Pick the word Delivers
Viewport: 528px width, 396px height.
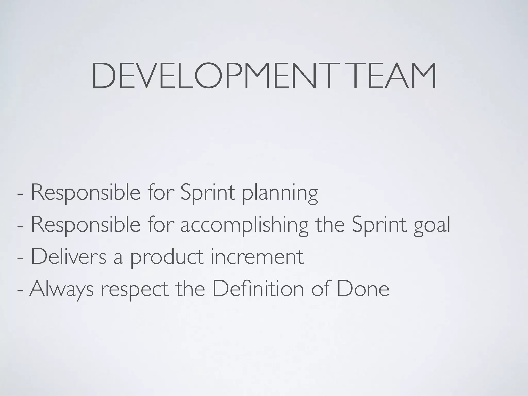point(69,257)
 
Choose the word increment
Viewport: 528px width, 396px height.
point(257,257)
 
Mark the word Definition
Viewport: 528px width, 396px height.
point(258,289)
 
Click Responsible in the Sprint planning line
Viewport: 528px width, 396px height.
point(86,193)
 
